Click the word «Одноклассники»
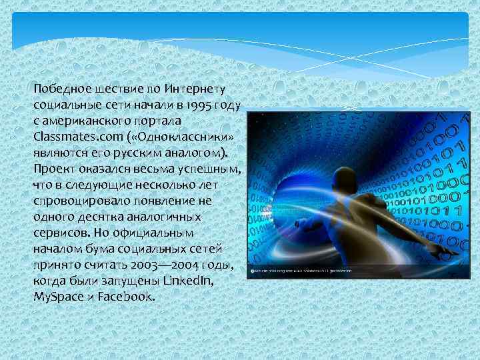(x=177, y=136)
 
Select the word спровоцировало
(x=77, y=201)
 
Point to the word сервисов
(x=57, y=233)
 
